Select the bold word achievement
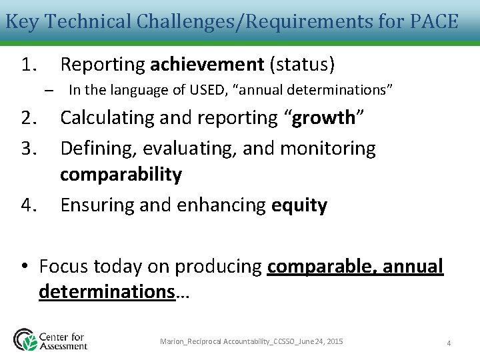(x=207, y=65)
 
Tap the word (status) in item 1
(x=302, y=65)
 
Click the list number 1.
(x=31, y=65)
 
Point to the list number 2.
(x=31, y=118)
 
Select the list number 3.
(x=31, y=148)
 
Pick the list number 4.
(x=31, y=205)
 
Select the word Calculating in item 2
(x=109, y=118)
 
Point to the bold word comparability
(x=121, y=175)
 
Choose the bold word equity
(x=299, y=205)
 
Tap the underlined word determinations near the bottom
(x=107, y=291)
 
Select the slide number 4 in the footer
(x=449, y=343)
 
